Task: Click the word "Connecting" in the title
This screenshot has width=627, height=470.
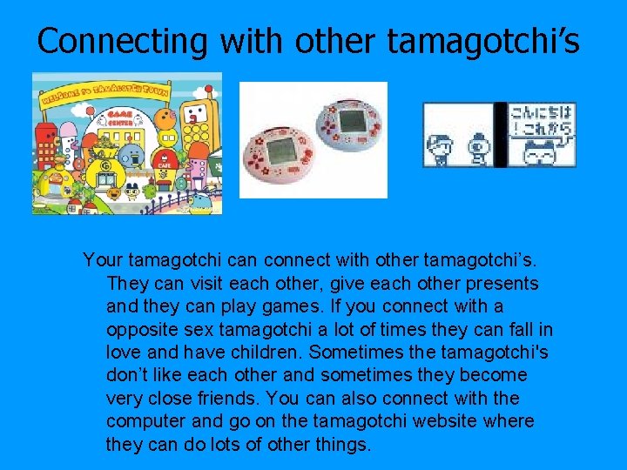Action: point(123,40)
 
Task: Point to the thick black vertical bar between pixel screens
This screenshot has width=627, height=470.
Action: point(500,135)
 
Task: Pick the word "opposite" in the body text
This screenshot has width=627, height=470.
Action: point(139,330)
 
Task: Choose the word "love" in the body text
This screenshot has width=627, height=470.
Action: point(124,352)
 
